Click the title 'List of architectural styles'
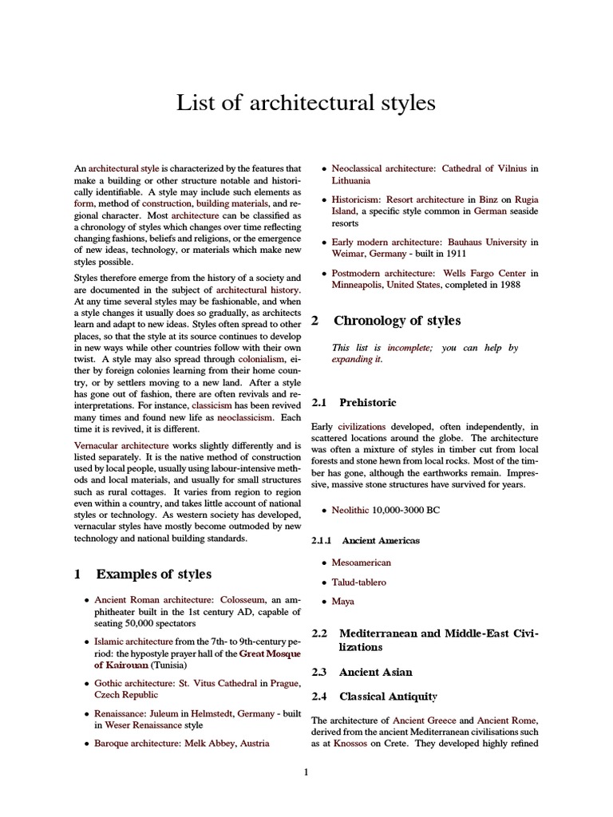click(306, 103)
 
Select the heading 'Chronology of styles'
click(397, 321)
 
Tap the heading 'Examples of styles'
click(154, 574)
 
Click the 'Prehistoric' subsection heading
click(367, 403)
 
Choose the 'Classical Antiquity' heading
click(389, 696)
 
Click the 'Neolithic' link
click(354, 508)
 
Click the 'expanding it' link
click(357, 359)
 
